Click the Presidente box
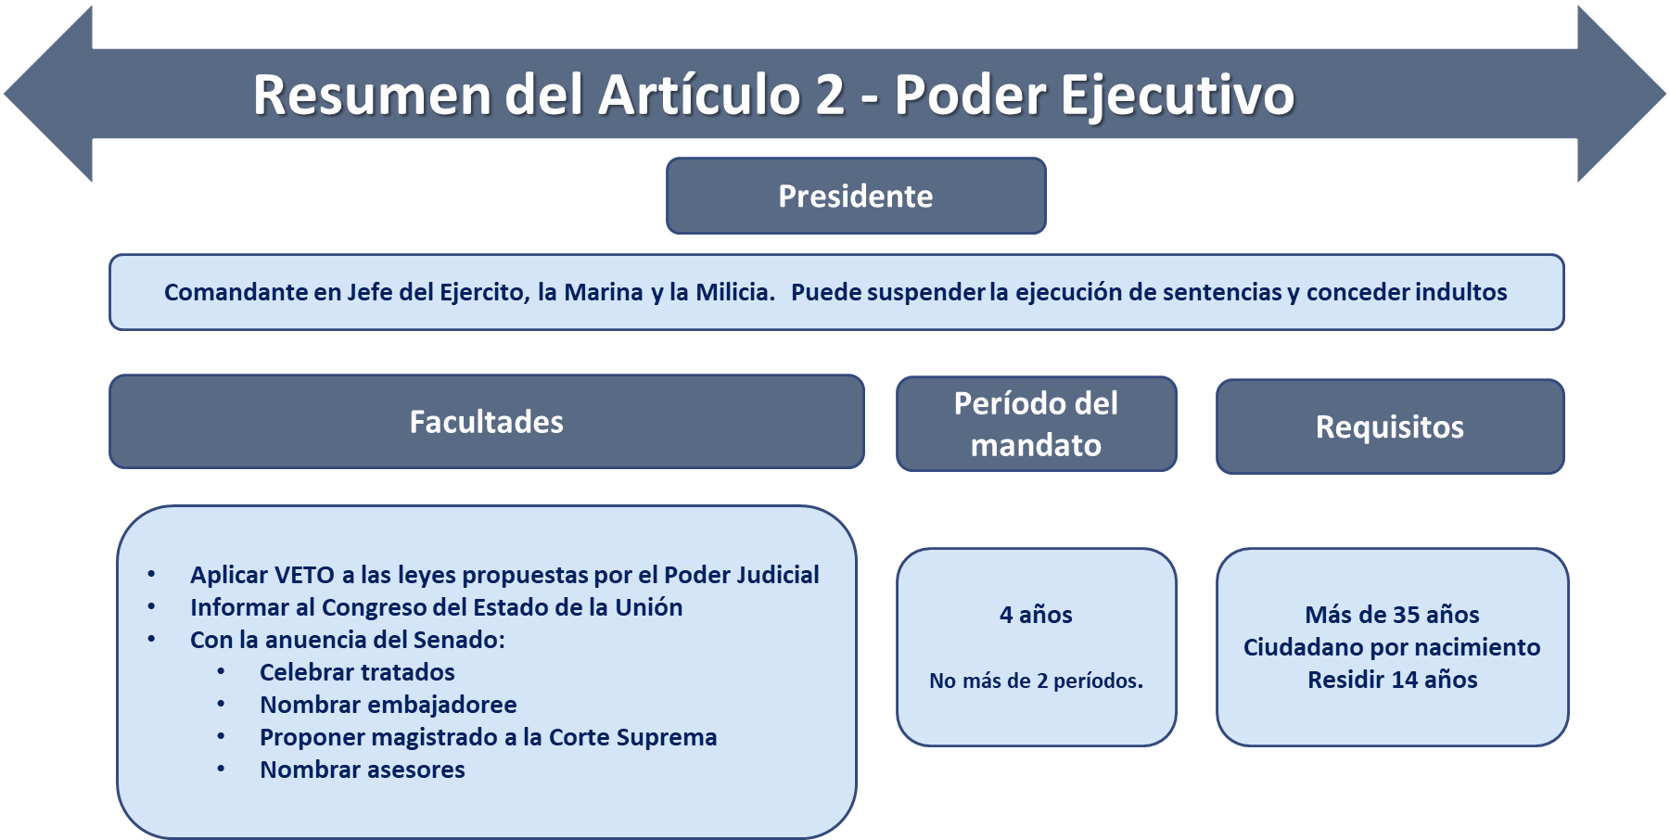click(856, 196)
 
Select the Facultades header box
click(487, 422)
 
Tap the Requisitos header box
click(1390, 426)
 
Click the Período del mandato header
click(1037, 424)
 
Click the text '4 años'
click(1036, 615)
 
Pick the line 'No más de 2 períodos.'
click(1036, 681)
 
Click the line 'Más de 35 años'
click(1392, 615)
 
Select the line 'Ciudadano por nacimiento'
click(1392, 647)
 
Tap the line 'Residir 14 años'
click(1392, 680)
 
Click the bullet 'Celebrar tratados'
click(357, 672)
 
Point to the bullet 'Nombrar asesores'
click(363, 770)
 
